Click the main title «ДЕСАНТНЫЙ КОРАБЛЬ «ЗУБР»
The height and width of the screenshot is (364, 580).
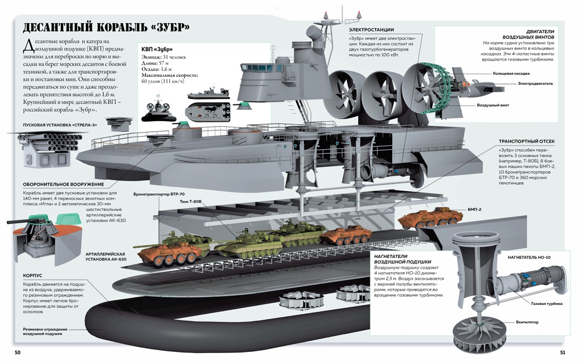106,28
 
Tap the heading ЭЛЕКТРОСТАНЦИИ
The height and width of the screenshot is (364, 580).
371,30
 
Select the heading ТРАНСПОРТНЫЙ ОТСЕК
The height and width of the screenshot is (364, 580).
526,142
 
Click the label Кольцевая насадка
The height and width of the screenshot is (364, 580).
511,74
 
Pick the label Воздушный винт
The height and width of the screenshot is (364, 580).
492,105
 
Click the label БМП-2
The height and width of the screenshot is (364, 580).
474,210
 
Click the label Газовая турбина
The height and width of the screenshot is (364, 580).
546,303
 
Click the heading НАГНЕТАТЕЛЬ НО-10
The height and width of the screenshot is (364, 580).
529,258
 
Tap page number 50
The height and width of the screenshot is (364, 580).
18,352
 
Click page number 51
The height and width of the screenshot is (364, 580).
562,352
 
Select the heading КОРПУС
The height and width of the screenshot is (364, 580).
32,276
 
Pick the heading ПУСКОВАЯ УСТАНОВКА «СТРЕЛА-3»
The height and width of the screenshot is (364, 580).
60,125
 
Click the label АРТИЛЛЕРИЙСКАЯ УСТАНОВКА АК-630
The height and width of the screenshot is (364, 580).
105,257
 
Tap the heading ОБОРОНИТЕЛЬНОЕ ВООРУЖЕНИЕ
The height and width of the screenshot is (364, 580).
63,184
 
